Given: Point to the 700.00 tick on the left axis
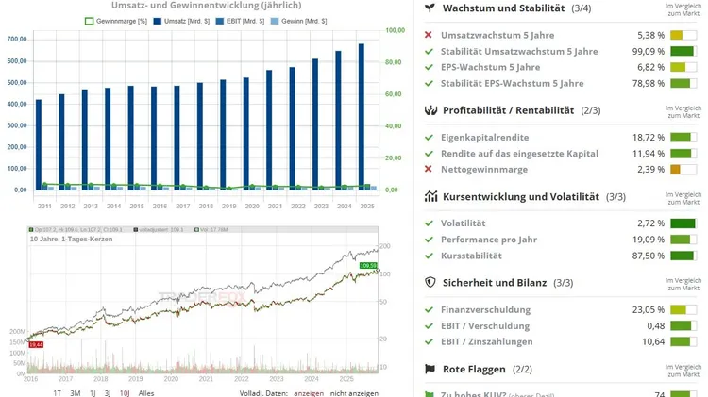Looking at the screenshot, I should point(17,39).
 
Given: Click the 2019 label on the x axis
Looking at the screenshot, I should point(229,205).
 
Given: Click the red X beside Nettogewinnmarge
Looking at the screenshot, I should point(430,169).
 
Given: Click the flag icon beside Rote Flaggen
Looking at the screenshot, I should point(430,369).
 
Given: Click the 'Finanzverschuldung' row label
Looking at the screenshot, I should point(485,309).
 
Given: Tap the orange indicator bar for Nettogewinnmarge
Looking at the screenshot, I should point(675,170).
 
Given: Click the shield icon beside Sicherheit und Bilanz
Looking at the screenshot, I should point(430,282).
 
